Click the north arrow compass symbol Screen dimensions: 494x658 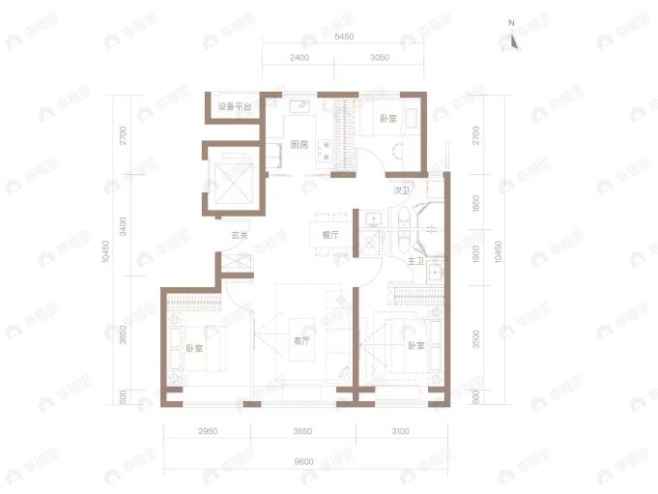coord(514,38)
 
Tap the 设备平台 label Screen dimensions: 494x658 coord(234,106)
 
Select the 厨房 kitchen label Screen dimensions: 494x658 coord(299,145)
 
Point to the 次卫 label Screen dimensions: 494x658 coord(402,191)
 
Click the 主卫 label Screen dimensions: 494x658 coord(416,261)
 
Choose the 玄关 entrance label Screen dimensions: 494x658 coord(240,235)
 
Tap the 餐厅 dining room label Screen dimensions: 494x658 coord(329,235)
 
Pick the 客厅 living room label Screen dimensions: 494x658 coord(301,341)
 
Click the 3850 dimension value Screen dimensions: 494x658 coord(123,334)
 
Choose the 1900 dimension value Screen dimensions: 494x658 coord(475,258)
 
